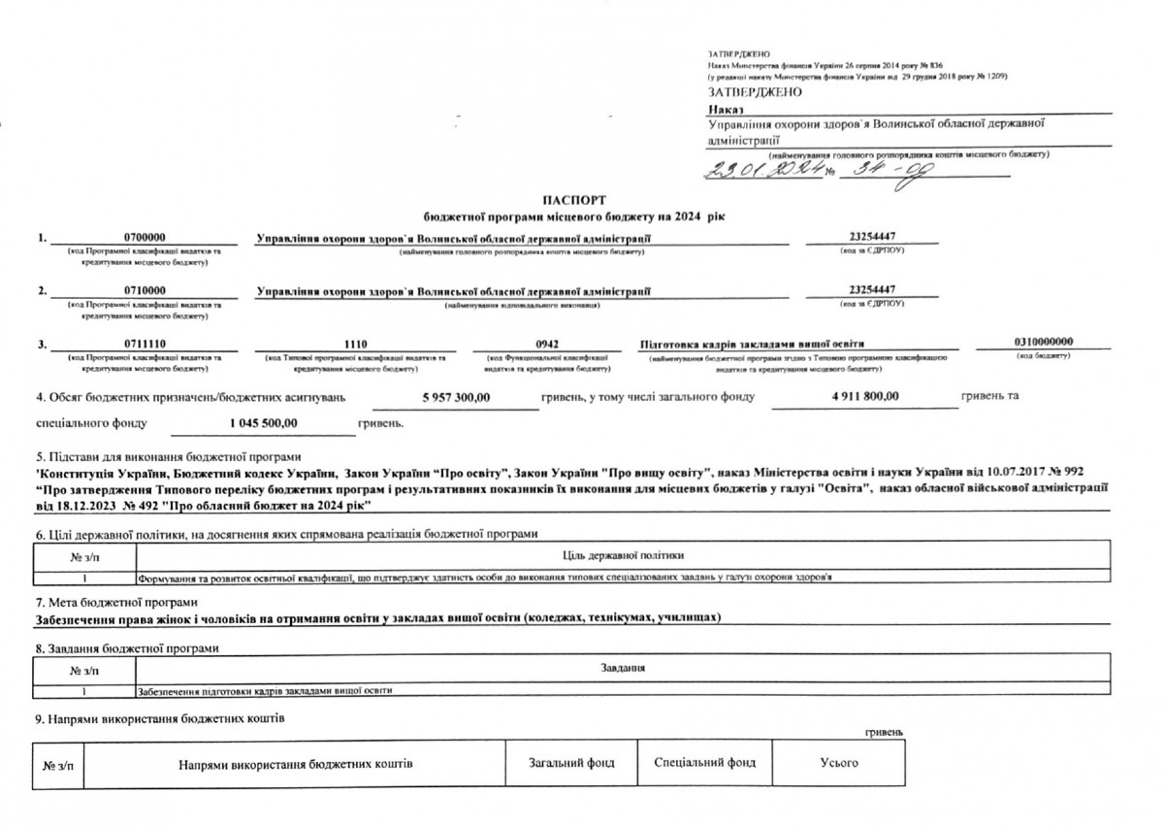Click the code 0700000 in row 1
pos(145,237)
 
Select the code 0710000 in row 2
pos(145,290)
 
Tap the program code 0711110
pos(145,344)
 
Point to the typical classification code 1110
pos(356,344)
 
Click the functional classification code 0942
pos(550,344)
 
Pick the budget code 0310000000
pos(1044,342)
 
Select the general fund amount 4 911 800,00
pos(864,396)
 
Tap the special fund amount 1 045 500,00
pos(263,423)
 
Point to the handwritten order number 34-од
pos(878,171)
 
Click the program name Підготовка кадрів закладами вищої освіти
pos(752,344)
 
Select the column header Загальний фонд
pos(571,763)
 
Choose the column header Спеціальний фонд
pos(705,763)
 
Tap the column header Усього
pos(839,763)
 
